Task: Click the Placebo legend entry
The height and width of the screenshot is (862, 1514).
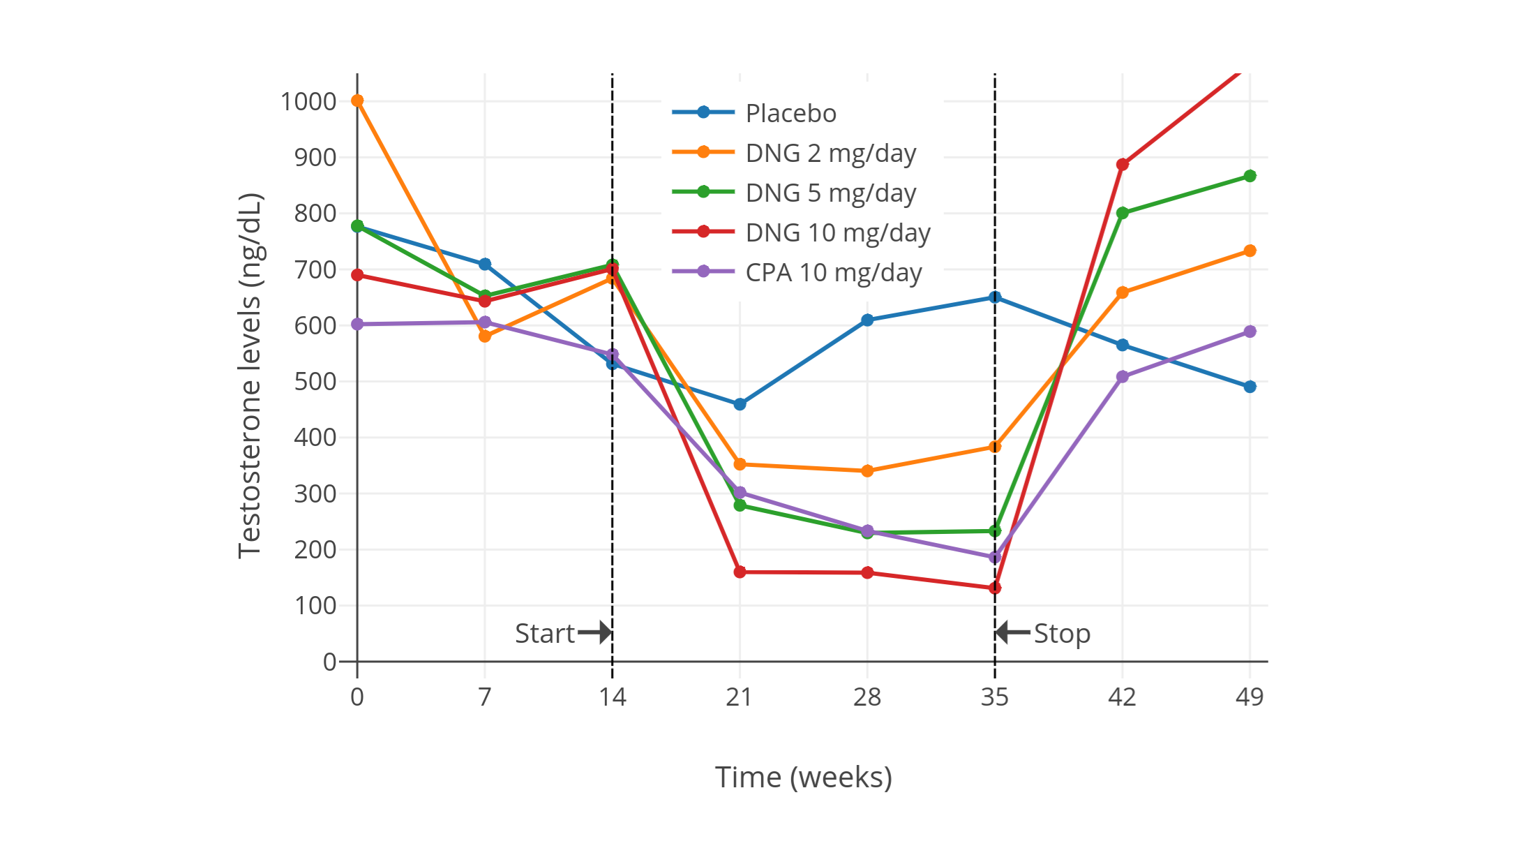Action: [790, 113]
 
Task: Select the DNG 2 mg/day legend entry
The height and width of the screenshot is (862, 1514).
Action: [830, 153]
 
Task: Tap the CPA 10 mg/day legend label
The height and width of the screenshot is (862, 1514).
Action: [834, 272]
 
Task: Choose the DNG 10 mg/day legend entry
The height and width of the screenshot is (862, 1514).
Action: [838, 232]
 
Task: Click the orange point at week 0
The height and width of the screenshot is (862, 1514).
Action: [357, 101]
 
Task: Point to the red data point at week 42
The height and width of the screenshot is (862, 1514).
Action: [1122, 165]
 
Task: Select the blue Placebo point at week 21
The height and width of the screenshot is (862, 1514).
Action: [740, 404]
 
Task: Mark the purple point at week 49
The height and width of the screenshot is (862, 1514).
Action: [1250, 332]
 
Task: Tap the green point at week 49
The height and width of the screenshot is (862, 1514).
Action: [1250, 176]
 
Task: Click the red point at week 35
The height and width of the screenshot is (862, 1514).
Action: [995, 588]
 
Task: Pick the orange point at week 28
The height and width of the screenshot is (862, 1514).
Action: [867, 471]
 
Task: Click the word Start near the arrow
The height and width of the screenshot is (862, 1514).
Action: [544, 634]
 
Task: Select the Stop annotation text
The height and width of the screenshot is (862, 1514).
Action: [1062, 634]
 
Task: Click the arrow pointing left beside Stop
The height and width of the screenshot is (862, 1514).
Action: [1012, 633]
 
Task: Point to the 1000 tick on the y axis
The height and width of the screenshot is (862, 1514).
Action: [308, 102]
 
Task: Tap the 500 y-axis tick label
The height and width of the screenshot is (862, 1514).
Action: [315, 382]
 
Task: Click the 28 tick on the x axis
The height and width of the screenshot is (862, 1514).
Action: [867, 697]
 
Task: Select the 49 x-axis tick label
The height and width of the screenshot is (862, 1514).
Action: [1250, 697]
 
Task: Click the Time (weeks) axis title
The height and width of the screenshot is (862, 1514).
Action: [803, 778]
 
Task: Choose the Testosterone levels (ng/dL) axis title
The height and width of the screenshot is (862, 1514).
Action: [249, 376]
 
